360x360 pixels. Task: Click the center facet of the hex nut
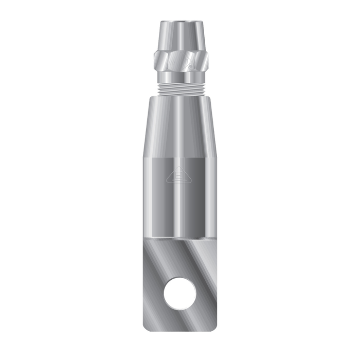(x=180, y=62)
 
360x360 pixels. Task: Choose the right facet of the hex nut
(x=202, y=62)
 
